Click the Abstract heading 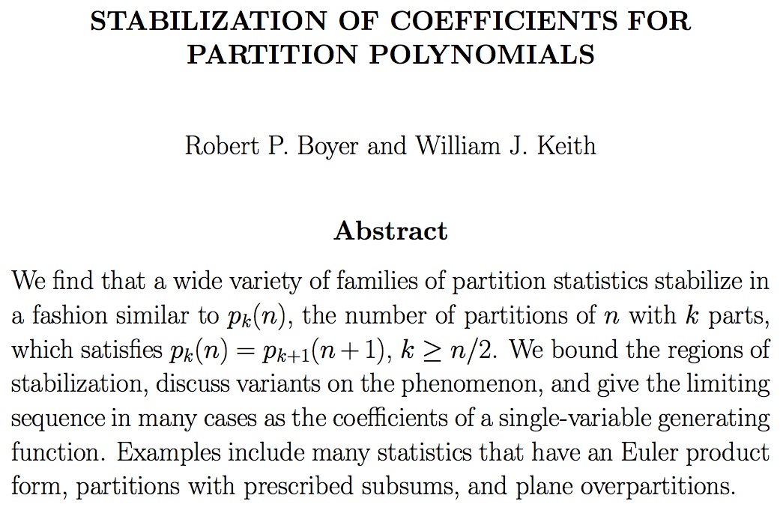390,230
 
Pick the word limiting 722,385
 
